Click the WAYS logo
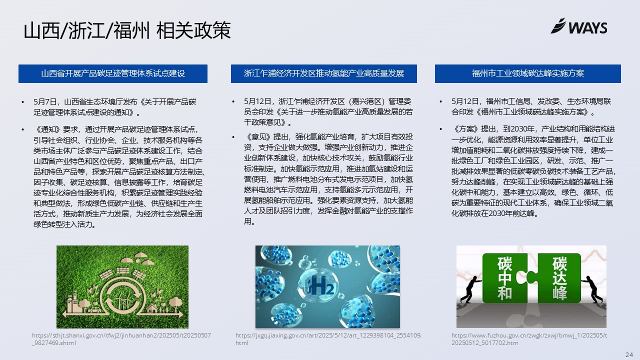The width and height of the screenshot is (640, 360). pyautogui.click(x=579, y=26)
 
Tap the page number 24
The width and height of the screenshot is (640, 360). pyautogui.click(x=629, y=354)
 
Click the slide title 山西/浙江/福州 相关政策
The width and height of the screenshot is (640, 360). pyautogui.click(x=127, y=30)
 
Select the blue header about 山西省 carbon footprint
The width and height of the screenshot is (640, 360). pyautogui.click(x=113, y=73)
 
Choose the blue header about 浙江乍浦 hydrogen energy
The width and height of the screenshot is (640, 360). pyautogui.click(x=323, y=73)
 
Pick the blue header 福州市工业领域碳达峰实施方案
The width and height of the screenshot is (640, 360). pyautogui.click(x=527, y=73)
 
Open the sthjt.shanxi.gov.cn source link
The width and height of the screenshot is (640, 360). pyautogui.click(x=121, y=339)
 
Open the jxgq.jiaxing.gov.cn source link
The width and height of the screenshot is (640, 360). pyautogui.click(x=328, y=339)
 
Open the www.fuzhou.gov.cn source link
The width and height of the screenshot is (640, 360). pyautogui.click(x=529, y=339)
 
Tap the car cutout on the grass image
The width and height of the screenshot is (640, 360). pyautogui.click(x=94, y=309)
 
